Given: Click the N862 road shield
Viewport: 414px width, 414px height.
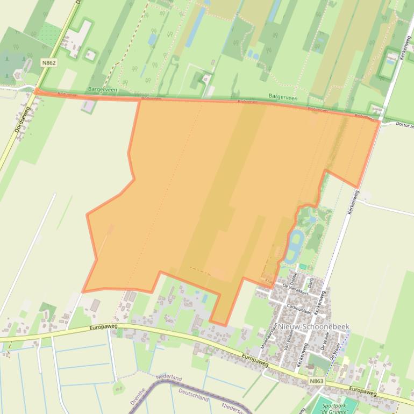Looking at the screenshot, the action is coord(48,63).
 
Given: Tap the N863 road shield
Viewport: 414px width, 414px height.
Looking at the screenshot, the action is coord(317,381).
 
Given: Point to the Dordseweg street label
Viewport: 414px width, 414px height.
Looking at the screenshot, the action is coord(20,119).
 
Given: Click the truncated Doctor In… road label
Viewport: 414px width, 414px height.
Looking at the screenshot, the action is coord(404,125).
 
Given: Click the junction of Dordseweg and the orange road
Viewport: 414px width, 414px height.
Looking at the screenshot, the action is coord(36,91).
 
